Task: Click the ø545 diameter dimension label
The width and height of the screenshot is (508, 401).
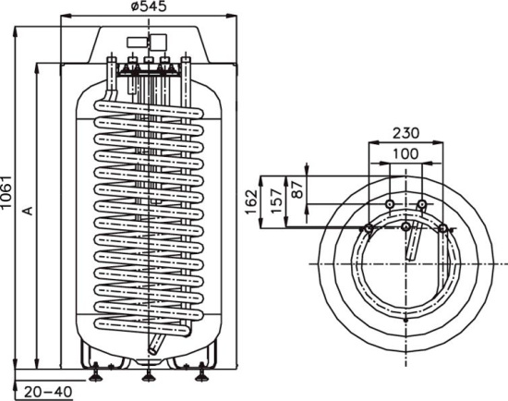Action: tap(149, 6)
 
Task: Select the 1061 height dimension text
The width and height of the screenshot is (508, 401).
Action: tap(6, 192)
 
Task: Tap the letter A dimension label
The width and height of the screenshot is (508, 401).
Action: tap(29, 210)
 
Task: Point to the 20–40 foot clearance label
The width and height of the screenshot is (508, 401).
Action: tap(48, 392)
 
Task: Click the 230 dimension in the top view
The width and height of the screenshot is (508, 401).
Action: tap(406, 133)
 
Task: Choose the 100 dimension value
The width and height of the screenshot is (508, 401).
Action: tap(405, 153)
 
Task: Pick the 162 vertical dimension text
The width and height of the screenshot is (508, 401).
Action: tap(251, 201)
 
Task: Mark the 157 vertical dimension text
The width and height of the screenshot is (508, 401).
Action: tap(276, 201)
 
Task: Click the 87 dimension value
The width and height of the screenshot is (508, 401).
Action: tap(297, 189)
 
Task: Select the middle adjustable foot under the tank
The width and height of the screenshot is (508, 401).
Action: tap(149, 374)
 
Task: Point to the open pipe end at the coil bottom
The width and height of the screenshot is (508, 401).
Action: tap(152, 350)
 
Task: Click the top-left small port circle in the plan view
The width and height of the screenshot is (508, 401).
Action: tap(390, 204)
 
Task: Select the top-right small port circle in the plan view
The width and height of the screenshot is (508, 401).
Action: tap(422, 204)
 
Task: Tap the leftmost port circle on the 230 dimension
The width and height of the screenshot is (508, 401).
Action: tap(369, 229)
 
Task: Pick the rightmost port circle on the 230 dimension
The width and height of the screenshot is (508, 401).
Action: tap(442, 229)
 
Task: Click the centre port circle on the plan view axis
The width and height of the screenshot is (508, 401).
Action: tap(406, 226)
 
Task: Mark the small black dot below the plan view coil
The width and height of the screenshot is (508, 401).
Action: tap(406, 321)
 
